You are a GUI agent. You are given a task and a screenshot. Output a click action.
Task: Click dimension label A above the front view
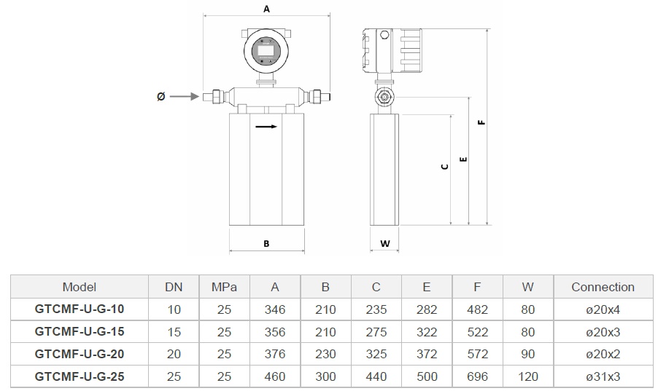(x=266, y=9)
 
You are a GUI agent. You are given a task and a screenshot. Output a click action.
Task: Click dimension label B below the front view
(x=266, y=244)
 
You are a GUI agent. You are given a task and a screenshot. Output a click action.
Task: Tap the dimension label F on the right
(x=481, y=122)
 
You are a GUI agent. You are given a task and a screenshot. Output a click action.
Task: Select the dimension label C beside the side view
(x=444, y=167)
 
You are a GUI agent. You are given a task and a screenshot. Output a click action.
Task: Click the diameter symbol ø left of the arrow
(x=161, y=96)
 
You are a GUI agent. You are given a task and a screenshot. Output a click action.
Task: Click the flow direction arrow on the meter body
(x=266, y=126)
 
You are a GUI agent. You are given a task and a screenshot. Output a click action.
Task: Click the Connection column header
(x=603, y=287)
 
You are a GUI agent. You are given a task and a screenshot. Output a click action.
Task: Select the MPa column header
(x=224, y=287)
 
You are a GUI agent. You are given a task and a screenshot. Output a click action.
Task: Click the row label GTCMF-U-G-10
(x=80, y=309)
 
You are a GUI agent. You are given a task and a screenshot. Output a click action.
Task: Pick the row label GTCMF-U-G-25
(x=80, y=376)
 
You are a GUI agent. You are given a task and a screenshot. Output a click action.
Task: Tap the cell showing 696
(x=477, y=376)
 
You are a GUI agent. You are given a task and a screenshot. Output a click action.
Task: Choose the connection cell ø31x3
(x=603, y=376)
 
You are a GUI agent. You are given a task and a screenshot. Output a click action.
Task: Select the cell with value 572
(x=477, y=354)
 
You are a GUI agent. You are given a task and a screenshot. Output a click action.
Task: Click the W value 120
(x=528, y=376)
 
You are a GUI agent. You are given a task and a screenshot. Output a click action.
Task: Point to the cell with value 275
(x=376, y=332)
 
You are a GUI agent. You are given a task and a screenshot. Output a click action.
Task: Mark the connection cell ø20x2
(x=603, y=354)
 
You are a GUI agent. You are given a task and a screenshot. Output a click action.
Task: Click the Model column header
(x=80, y=287)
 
